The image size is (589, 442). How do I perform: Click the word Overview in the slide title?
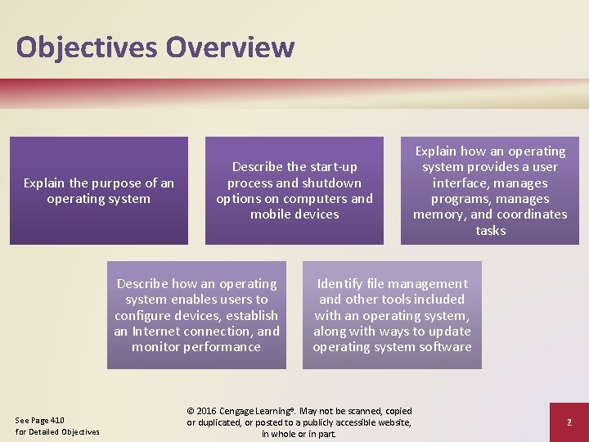[230, 47]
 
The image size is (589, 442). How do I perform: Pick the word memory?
[440, 214]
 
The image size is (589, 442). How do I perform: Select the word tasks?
[490, 231]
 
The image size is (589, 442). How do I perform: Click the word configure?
[150, 315]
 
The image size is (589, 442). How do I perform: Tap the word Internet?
[158, 331]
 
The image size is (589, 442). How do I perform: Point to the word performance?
[221, 347]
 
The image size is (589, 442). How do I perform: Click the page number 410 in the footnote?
[57, 421]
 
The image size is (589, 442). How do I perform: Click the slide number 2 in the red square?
[568, 422]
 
